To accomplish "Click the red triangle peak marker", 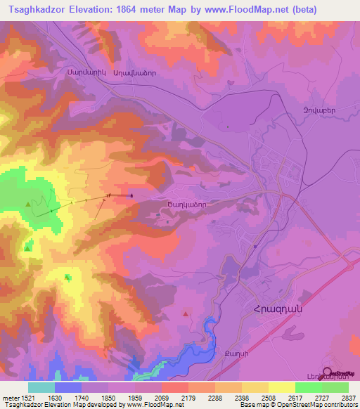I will click(186, 313).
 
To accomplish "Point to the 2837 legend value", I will click(348, 398).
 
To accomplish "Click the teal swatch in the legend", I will click(41, 387).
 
